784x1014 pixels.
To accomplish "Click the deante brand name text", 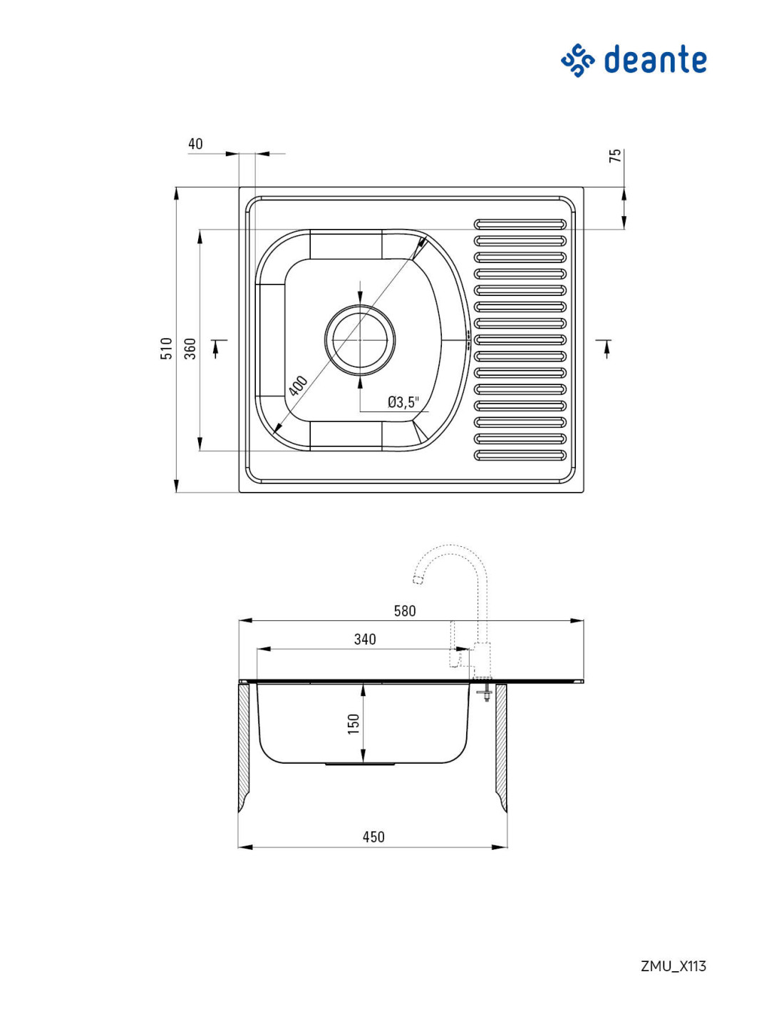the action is [x=654, y=59].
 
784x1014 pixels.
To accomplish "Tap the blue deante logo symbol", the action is [x=577, y=60].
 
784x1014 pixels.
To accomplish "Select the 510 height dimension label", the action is [x=166, y=348].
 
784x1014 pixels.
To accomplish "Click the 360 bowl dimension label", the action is [x=190, y=348].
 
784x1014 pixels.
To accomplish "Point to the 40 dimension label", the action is [x=195, y=144].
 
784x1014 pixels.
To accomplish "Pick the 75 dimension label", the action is [x=615, y=155].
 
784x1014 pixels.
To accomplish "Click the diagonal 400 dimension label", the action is [x=297, y=386].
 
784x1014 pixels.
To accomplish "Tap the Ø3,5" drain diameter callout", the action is [x=403, y=401].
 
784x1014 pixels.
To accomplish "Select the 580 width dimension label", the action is [x=404, y=611].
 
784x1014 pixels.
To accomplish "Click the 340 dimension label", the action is [x=365, y=640].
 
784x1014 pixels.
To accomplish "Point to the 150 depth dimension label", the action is [x=354, y=724].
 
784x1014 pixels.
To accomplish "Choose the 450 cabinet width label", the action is [x=373, y=837].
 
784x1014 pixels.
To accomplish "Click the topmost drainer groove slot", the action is [x=520, y=225].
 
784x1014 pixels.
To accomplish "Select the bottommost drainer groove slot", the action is [x=520, y=455].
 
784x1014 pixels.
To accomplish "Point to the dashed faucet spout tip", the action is [x=418, y=580].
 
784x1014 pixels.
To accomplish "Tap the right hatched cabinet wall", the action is [x=501, y=747].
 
